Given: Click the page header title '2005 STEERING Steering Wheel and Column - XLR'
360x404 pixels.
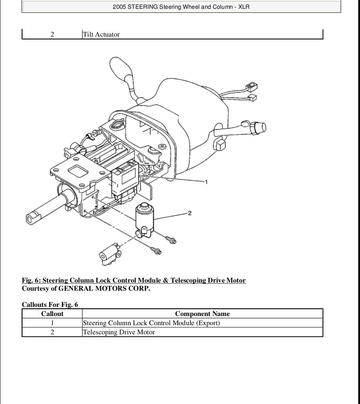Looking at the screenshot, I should click(x=181, y=7).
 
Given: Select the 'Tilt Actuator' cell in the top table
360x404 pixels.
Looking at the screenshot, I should click(x=101, y=34).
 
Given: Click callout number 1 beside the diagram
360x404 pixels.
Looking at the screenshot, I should click(x=206, y=182).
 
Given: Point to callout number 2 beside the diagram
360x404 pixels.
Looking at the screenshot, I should click(x=189, y=213).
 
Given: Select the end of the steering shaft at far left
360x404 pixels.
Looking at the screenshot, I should click(x=32, y=217).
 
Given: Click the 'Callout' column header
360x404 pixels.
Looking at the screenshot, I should click(x=52, y=314).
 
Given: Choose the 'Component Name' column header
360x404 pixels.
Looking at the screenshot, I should click(x=202, y=314).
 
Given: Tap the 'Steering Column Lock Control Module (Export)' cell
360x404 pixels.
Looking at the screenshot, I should click(x=151, y=323).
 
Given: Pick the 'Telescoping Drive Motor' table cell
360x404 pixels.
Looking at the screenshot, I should click(x=119, y=332).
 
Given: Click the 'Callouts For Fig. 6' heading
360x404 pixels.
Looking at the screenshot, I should click(x=50, y=304).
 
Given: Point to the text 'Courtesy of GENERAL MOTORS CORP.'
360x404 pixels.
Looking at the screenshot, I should click(x=86, y=289).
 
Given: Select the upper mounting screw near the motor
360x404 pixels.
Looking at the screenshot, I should click(x=172, y=240).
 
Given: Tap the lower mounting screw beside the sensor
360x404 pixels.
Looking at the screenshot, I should click(x=156, y=251).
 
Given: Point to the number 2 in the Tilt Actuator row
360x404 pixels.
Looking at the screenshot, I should click(x=52, y=34).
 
